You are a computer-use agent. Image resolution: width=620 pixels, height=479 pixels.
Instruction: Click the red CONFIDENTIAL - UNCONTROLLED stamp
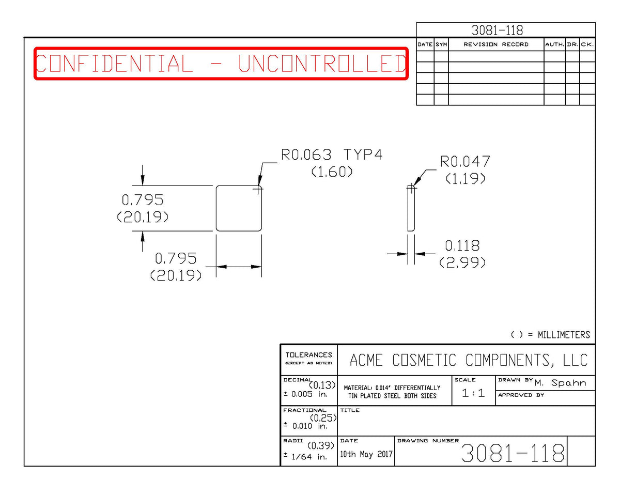click(x=221, y=64)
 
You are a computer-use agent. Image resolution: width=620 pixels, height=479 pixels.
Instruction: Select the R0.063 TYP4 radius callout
click(x=331, y=155)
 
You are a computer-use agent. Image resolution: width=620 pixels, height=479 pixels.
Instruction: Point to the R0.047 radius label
click(x=465, y=162)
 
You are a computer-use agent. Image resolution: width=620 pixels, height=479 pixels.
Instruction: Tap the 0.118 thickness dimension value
click(x=462, y=246)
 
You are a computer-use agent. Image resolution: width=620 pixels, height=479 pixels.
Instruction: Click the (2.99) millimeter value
click(x=462, y=262)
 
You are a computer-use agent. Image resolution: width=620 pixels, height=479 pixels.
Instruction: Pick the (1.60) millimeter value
click(x=332, y=172)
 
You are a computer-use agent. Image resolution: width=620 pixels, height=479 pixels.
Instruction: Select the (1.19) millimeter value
click(x=466, y=179)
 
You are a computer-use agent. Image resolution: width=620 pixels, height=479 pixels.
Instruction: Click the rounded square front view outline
click(x=216, y=209)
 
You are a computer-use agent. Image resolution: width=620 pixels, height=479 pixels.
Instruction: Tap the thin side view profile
click(x=411, y=209)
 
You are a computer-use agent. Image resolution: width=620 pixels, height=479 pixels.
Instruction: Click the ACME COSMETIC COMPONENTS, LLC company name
click(x=469, y=360)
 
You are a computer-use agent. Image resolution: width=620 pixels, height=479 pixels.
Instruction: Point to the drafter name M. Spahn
click(x=560, y=383)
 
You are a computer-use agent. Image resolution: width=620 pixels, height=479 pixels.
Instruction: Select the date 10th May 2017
click(x=366, y=454)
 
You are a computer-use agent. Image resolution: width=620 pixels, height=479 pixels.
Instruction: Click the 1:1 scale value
click(x=473, y=393)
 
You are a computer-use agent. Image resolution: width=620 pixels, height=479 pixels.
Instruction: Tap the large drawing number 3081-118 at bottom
click(x=513, y=453)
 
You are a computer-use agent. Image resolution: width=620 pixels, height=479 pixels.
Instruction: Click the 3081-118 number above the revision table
click(x=497, y=30)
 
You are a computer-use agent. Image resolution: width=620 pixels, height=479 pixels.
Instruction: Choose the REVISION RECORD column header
click(x=496, y=44)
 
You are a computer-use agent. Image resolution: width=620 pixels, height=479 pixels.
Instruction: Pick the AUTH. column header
click(x=555, y=44)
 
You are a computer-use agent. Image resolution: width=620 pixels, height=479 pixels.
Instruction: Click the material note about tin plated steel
click(x=392, y=392)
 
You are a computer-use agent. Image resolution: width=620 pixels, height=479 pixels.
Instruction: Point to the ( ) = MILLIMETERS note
click(x=550, y=335)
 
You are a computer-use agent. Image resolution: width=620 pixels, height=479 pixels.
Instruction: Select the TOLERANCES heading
click(x=309, y=355)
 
